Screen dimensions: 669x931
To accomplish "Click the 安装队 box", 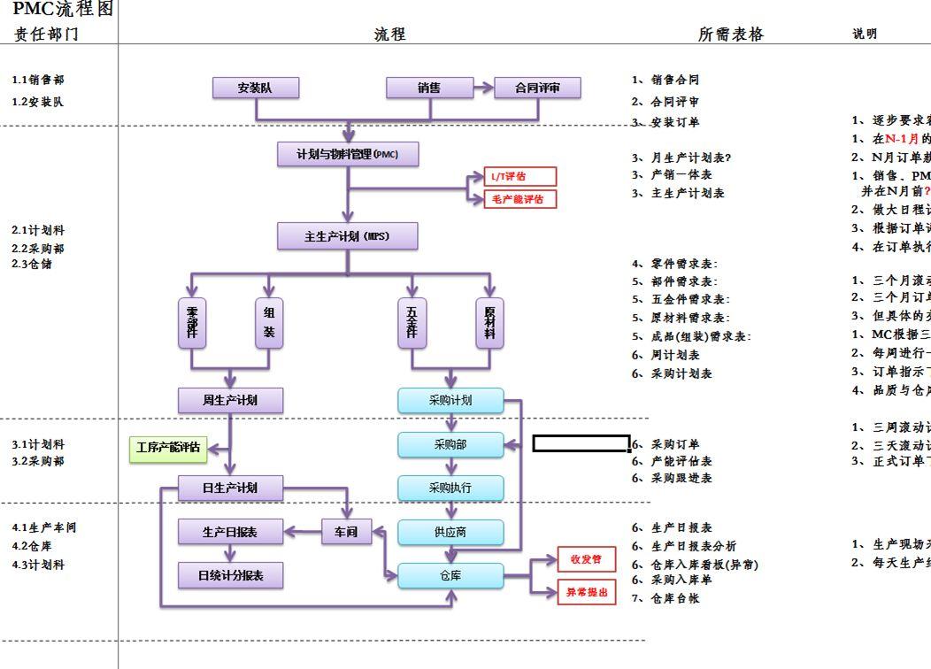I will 255,88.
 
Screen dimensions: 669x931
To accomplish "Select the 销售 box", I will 429,88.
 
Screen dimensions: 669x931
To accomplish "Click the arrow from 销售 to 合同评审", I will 482,88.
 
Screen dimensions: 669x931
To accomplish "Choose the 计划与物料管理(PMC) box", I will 347,155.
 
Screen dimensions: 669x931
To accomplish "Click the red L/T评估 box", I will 520,177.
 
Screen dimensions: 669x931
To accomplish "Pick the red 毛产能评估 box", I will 520,199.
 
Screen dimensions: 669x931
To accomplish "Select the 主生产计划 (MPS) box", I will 347,236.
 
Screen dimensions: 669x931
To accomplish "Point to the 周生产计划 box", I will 230,401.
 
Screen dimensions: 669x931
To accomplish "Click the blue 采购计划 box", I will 450,401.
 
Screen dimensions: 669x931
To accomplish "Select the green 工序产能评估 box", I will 167,449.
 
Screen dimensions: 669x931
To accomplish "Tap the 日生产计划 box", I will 230,488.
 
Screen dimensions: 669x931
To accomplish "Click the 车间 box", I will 346,532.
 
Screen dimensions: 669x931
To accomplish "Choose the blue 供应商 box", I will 450,532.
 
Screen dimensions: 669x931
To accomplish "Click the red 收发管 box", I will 586,559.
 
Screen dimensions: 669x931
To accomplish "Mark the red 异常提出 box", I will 586,592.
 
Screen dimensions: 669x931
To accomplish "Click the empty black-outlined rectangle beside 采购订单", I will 581,443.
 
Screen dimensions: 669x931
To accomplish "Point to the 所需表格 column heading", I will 730,35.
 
